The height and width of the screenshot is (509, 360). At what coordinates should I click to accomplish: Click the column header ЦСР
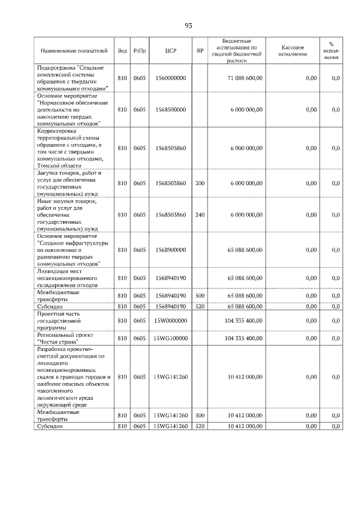[x=171, y=51]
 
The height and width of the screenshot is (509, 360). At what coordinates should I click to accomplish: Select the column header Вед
[x=122, y=51]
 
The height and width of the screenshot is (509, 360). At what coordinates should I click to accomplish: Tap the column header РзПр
[x=139, y=51]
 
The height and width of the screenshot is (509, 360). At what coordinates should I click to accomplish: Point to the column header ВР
[x=200, y=51]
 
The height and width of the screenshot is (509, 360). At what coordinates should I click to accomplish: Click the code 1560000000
[x=171, y=78]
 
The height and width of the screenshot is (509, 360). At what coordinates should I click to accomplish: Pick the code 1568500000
[x=171, y=110]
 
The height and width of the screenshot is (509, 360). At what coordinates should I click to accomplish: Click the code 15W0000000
[x=171, y=320]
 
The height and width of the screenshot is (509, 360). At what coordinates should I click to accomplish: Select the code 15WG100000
[x=171, y=339]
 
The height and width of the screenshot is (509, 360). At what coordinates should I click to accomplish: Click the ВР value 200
[x=200, y=183]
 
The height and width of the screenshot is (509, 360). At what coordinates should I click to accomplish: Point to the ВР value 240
[x=200, y=215]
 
